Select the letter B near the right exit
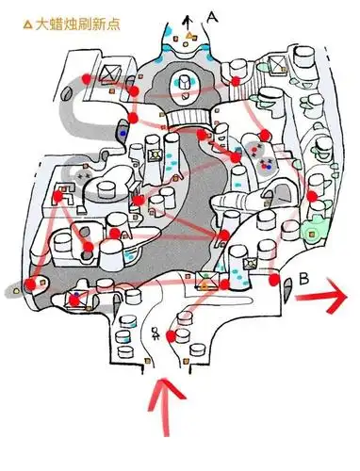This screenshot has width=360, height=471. [303, 279]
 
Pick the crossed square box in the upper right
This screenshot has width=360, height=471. [277, 65]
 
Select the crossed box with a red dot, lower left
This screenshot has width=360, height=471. [75, 300]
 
